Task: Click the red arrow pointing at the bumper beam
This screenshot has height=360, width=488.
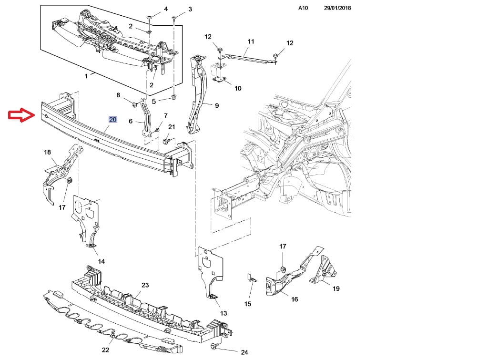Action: point(21,115)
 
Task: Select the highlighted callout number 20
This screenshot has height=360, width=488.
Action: point(112,120)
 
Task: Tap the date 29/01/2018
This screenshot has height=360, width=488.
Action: point(337,8)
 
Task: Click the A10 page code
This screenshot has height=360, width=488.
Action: point(303,8)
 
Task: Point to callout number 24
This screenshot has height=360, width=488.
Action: point(244,352)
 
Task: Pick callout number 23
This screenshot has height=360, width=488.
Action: point(145,285)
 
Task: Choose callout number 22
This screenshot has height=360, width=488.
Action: point(105,350)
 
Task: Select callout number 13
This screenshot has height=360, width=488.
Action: point(224,313)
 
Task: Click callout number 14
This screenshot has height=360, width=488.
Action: point(102,261)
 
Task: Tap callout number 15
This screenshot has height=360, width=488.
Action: point(248,304)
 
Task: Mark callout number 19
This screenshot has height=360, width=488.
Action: point(336,288)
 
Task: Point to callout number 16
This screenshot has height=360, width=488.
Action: point(295,299)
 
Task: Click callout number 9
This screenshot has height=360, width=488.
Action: point(217,105)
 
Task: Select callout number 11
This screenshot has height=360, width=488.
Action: point(251,41)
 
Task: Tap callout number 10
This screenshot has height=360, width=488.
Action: point(238,88)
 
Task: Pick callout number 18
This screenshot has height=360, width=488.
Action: point(47,152)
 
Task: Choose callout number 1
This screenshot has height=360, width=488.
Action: point(86,76)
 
